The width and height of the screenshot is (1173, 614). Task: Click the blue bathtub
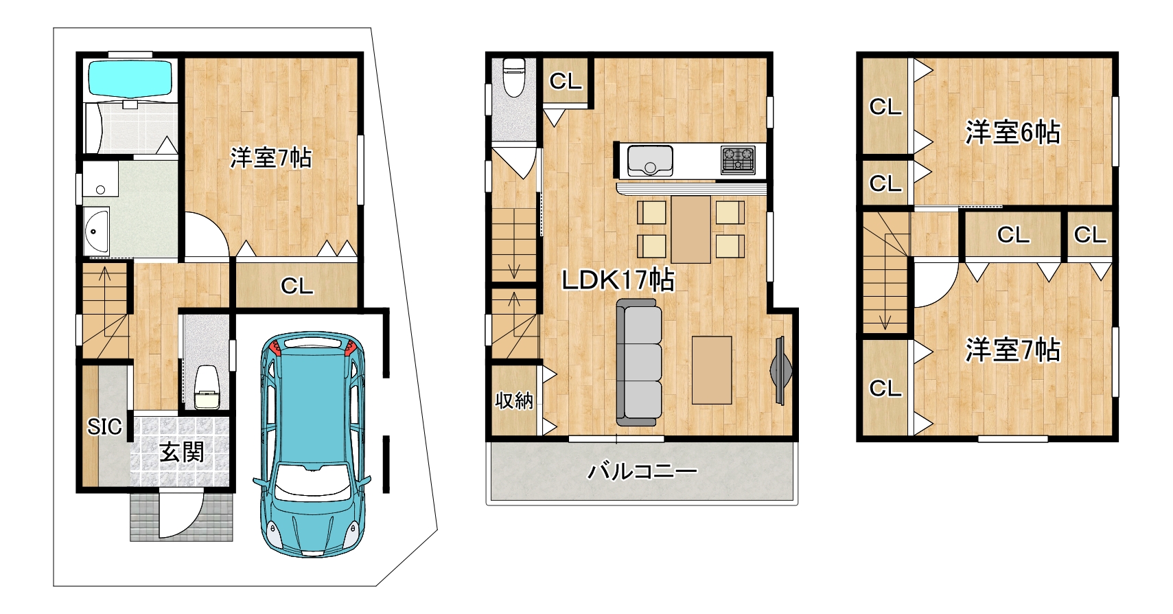130,78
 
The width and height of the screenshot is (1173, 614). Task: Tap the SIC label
104,427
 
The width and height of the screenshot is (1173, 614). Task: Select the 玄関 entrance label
181,452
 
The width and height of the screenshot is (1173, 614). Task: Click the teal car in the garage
312,444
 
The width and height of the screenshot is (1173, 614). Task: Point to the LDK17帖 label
618,280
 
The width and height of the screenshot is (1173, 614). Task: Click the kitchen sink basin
650,161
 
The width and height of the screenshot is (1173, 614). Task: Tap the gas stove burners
738,160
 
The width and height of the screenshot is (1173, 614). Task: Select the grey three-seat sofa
639,363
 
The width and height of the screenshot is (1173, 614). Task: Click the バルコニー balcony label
642,472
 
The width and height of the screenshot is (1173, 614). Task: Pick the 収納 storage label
514,401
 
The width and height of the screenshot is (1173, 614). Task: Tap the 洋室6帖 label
1013,132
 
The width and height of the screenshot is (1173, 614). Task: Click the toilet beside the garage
207,387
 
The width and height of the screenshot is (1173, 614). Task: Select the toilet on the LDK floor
513,78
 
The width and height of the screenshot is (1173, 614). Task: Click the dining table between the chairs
690,229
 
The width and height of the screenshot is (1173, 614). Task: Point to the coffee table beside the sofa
712,370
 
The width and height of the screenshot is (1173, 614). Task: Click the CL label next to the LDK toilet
566,81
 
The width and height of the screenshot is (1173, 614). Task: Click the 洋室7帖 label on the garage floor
270,158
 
